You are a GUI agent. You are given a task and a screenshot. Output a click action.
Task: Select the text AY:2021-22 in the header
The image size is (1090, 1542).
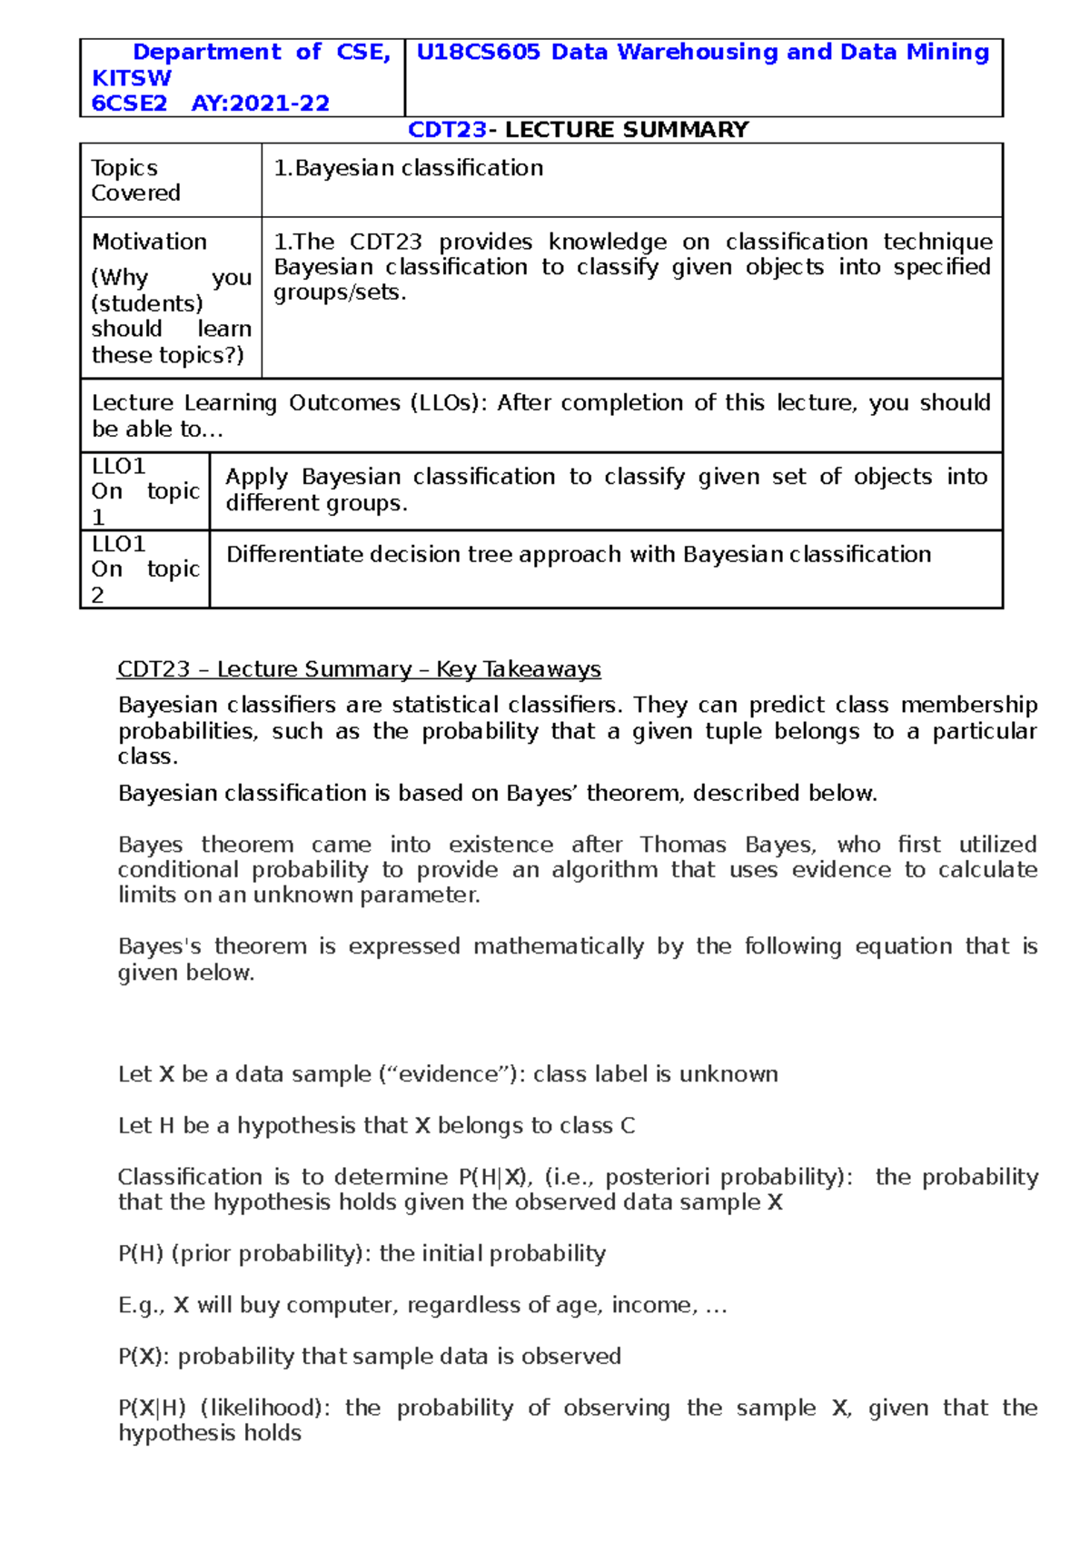click(260, 104)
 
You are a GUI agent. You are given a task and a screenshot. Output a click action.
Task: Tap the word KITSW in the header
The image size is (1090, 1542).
click(131, 78)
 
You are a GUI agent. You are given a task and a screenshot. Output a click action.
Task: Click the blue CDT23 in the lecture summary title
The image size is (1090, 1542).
click(447, 130)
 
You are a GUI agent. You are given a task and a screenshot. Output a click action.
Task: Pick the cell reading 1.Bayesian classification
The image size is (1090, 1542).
click(409, 168)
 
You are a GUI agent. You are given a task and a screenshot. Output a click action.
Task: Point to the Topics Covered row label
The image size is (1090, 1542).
click(135, 180)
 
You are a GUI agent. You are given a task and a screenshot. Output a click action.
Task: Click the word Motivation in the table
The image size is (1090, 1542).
click(149, 242)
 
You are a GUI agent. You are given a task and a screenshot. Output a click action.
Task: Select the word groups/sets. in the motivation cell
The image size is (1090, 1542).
click(340, 292)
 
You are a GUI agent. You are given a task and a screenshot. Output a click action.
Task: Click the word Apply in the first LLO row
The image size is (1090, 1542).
click(256, 477)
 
